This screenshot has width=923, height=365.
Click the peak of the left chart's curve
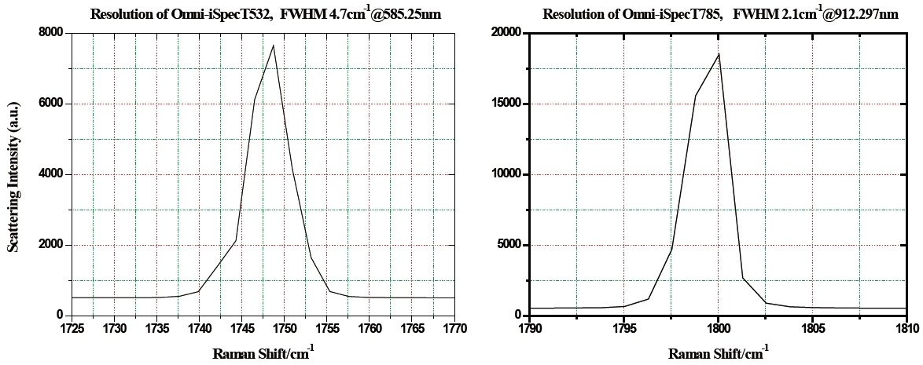(273, 46)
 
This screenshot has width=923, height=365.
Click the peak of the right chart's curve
(719, 53)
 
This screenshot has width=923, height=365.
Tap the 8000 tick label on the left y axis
(51, 32)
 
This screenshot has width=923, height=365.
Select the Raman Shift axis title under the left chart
(263, 352)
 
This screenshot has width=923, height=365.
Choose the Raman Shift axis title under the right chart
(718, 352)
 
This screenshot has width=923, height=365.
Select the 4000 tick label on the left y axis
(51, 174)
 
